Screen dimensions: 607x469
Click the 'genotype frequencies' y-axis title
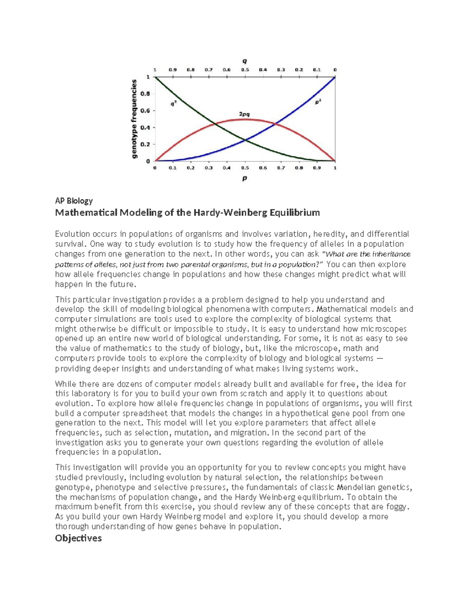pos(134,119)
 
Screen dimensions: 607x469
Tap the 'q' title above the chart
pos(245,61)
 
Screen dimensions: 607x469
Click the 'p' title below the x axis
pos(245,178)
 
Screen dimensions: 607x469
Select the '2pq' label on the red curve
pos(244,114)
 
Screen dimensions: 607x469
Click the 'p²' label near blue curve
pos(319,102)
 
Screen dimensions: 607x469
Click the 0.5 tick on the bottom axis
pos(245,168)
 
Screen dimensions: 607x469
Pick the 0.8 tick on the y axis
pos(145,94)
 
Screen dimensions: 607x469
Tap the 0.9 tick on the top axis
pos(173,70)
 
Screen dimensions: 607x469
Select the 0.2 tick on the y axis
pos(145,144)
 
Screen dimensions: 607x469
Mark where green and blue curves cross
pos(245,140)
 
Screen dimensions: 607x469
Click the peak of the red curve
pos(245,119)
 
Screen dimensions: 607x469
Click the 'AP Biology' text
pos(74,201)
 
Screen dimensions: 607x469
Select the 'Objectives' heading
pos(78,538)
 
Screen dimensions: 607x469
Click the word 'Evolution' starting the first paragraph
pos(72,234)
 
